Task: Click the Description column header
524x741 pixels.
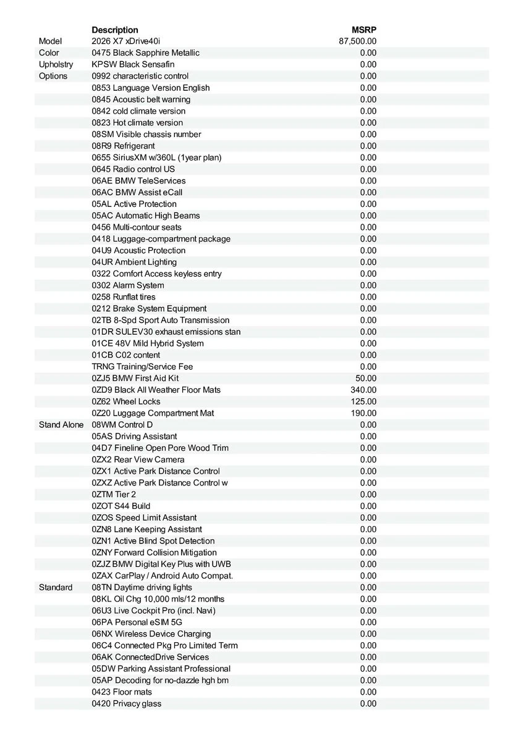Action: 115,30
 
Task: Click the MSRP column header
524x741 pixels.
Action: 364,30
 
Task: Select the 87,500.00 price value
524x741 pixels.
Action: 358,41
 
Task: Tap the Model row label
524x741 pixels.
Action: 51,41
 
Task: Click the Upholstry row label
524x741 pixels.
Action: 56,64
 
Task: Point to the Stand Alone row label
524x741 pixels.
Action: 61,425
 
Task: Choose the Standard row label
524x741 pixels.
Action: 56,587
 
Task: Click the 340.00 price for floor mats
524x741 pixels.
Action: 363,390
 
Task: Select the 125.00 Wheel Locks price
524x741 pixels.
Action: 363,401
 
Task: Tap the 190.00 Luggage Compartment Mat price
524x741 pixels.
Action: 363,413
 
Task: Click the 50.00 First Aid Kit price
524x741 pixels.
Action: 366,378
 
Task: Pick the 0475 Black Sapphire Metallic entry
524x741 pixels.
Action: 145,53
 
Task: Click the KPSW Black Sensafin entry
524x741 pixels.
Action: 133,64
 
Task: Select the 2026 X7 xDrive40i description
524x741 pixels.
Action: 125,41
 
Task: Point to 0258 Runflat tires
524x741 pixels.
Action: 124,297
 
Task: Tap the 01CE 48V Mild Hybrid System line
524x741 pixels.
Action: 148,343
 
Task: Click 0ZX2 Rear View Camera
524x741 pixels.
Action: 138,459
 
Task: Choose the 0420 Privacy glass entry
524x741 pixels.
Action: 127,703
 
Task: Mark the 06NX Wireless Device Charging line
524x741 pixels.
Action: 151,634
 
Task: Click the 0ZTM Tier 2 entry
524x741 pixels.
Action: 114,494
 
